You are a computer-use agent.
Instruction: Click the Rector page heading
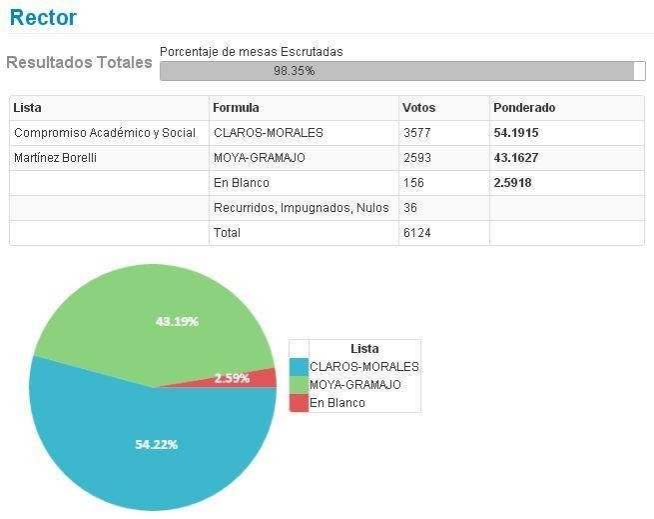43,17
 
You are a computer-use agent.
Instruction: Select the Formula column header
237,108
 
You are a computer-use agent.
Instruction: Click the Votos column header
418,108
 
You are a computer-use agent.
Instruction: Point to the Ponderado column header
524,108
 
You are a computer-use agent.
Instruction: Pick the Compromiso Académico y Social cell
105,133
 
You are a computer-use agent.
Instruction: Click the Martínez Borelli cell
56,158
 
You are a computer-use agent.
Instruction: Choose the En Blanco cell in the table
242,183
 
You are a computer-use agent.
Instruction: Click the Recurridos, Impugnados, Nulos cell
301,208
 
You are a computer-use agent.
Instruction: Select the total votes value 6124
415,233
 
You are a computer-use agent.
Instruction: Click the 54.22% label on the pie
157,444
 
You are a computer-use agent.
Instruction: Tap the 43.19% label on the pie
177,321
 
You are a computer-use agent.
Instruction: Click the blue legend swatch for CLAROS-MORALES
299,367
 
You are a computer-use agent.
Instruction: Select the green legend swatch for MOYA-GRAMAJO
299,385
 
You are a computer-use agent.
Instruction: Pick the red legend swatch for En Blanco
299,403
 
